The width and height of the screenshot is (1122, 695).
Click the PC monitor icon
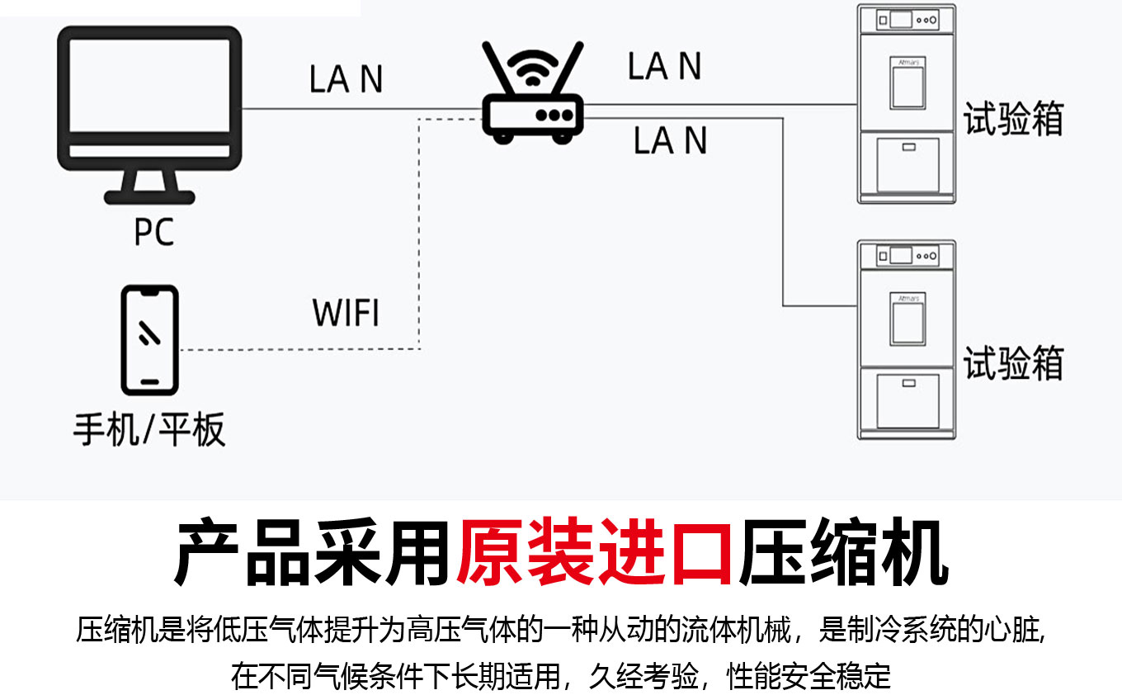pos(149,99)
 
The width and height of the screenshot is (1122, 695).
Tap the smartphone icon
pos(149,340)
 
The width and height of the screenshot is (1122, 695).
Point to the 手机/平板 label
pos(149,429)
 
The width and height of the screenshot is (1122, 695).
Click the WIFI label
pos(346,314)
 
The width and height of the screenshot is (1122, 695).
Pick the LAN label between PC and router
pos(346,80)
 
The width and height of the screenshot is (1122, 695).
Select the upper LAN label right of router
pos(664,66)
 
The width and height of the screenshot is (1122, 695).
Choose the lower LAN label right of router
pos(670,141)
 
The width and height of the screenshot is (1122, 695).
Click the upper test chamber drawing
pos(907,104)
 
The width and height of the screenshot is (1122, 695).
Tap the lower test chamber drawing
pos(907,339)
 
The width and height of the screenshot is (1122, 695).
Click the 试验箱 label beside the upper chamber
pos(1014,120)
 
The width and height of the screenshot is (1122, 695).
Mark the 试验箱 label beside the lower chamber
pos(1014,363)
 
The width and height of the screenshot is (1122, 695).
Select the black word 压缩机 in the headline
pos(842,551)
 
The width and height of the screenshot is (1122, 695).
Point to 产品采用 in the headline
pos(313,551)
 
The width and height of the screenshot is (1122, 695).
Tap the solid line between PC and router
pos(363,109)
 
